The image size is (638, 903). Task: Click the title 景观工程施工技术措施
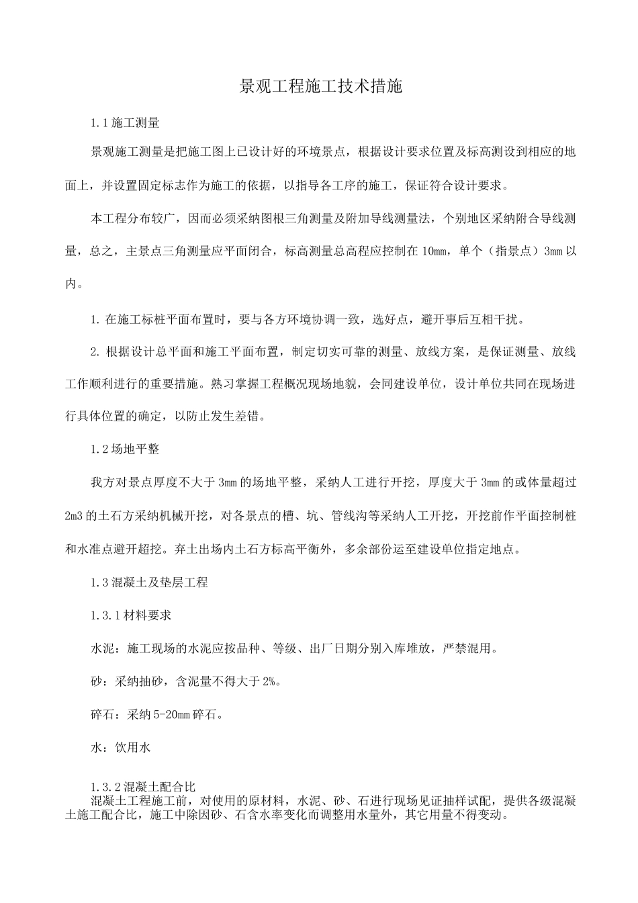pos(320,87)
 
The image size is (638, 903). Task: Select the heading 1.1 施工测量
pos(125,124)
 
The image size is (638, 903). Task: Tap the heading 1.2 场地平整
pos(125,449)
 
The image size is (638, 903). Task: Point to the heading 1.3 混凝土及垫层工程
pos(149,583)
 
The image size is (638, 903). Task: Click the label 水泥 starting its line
pos(101,649)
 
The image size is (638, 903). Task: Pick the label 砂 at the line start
pos(95,681)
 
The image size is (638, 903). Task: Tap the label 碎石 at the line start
pos(101,714)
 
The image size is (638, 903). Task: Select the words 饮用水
pos(137,747)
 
